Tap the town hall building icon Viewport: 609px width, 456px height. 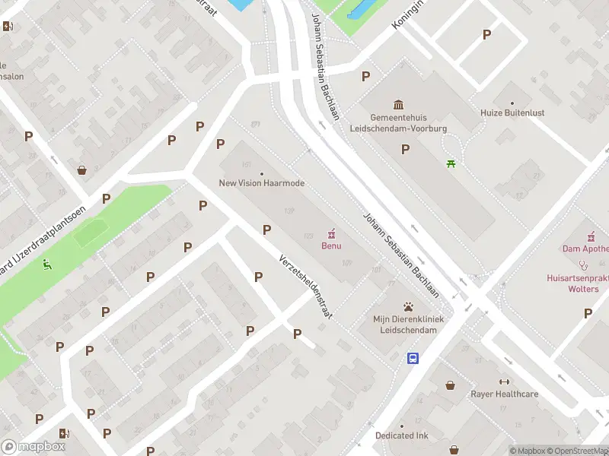click(398, 104)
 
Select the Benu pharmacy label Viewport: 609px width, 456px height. click(331, 245)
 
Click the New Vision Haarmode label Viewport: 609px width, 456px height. click(261, 183)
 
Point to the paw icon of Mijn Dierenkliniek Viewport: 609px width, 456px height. click(409, 306)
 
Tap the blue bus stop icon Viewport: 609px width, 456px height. click(413, 358)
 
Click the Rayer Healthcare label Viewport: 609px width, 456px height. click(504, 394)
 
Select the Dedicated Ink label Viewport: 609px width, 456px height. click(401, 435)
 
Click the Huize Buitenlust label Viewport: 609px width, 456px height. click(512, 112)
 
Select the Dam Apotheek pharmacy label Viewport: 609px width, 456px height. click(585, 249)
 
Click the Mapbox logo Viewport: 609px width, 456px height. click(33, 446)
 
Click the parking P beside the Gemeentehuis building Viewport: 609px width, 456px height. click(405, 149)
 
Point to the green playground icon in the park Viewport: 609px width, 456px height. click(48, 265)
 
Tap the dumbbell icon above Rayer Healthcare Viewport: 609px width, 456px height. click(504, 382)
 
